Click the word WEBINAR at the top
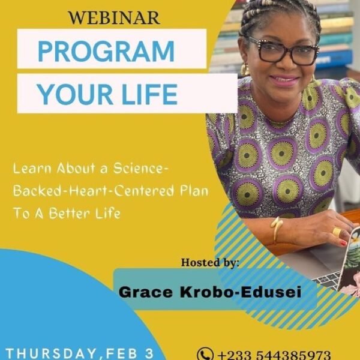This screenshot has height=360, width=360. pyautogui.click(x=114, y=17)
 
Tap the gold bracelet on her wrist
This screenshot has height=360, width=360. pyautogui.click(x=277, y=229)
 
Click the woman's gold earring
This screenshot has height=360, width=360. pyautogui.click(x=245, y=70)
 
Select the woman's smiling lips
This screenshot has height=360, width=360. pyautogui.click(x=284, y=80)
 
